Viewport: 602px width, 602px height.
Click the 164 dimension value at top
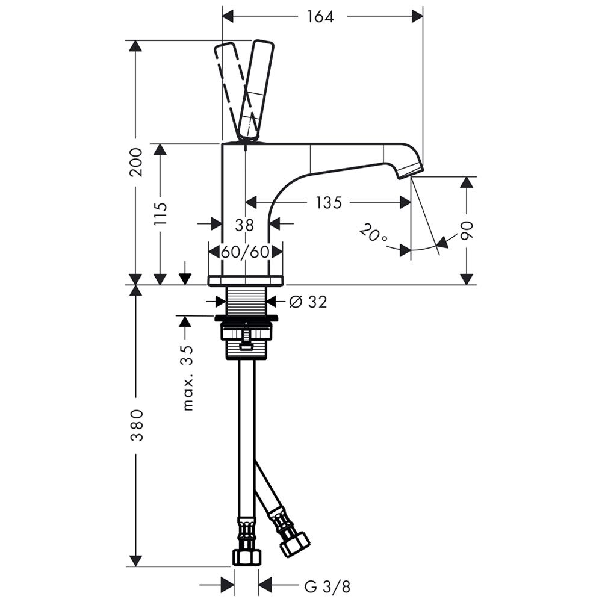pyautogui.click(x=321, y=16)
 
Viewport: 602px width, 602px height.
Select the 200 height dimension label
pyautogui.click(x=136, y=162)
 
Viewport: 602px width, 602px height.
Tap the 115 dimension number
pyautogui.click(x=161, y=214)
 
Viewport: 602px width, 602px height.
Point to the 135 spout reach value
pyautogui.click(x=329, y=202)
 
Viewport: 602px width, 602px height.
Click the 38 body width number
pyautogui.click(x=244, y=225)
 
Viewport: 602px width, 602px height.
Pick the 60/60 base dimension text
pyautogui.click(x=245, y=252)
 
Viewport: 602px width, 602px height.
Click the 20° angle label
pyautogui.click(x=374, y=234)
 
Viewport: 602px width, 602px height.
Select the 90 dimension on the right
pyautogui.click(x=467, y=231)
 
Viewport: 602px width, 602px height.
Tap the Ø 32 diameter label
pyautogui.click(x=308, y=302)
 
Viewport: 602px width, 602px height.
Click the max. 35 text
pyautogui.click(x=188, y=378)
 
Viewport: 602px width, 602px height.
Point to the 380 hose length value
pyautogui.click(x=137, y=426)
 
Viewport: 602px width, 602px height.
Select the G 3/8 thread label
pyautogui.click(x=327, y=586)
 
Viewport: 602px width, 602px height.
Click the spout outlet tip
pyautogui.click(x=410, y=172)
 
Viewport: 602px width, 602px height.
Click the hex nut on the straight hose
pyautogui.click(x=246, y=557)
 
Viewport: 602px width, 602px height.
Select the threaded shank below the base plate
pyautogui.click(x=246, y=300)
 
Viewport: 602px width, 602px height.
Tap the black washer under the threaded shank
pyautogui.click(x=246, y=318)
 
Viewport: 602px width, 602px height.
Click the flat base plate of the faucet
pyautogui.click(x=246, y=281)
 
